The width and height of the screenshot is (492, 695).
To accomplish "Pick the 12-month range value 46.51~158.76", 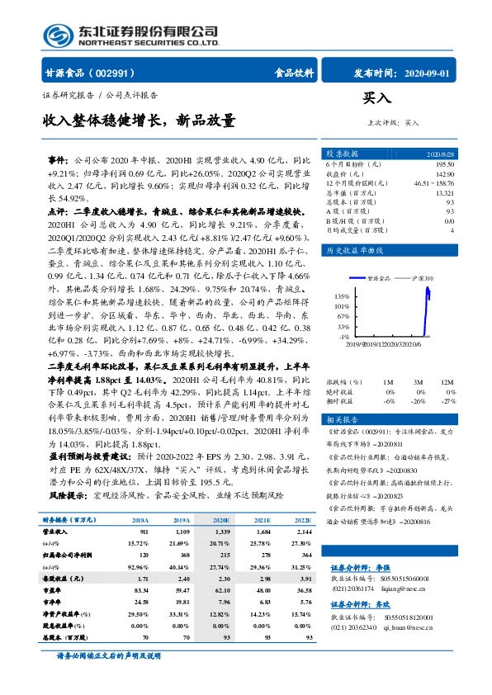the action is tap(434, 183).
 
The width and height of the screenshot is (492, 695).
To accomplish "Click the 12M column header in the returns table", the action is tap(447, 381).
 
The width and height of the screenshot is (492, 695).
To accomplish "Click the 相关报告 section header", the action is tap(342, 419).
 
